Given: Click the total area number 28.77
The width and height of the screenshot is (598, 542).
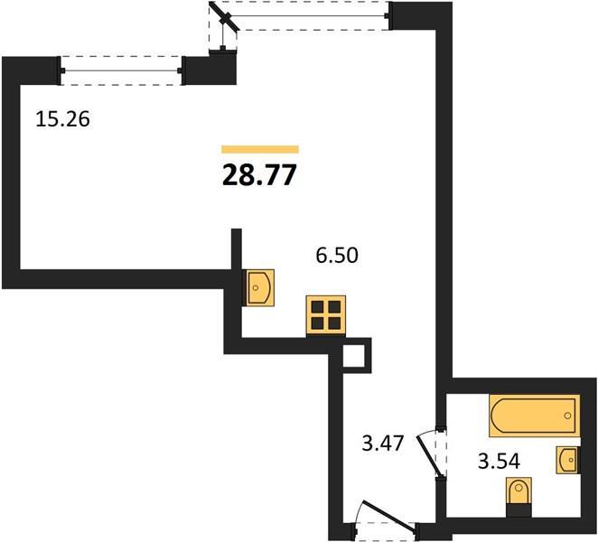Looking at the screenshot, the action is tap(259, 175).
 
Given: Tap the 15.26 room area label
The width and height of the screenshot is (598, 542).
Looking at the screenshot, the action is tap(62, 118).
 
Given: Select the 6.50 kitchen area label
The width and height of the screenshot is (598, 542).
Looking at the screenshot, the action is tap(337, 255).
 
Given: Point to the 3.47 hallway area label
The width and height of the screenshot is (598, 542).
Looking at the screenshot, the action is tap(382, 444).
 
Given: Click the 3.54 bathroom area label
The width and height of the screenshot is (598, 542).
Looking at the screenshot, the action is tap(499, 461).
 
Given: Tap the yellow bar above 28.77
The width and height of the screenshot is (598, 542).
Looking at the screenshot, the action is tap(260, 150).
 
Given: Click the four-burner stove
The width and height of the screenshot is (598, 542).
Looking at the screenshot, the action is tap(326, 316).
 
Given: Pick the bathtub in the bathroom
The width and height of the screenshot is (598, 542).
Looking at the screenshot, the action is tap(534, 416).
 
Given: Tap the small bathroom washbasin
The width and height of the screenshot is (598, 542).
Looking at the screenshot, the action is tap(567, 460).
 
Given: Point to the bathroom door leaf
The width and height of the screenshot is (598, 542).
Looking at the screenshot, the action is tap(430, 456).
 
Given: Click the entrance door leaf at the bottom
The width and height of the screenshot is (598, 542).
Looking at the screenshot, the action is tap(389, 516).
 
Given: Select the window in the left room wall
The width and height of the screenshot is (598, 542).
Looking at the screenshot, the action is tap(121, 70).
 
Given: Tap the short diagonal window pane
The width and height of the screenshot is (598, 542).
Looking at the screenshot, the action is tap(224, 16).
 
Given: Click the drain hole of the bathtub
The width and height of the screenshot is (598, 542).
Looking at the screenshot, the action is tap(568, 416).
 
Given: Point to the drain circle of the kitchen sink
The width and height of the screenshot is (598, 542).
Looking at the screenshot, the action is tap(256, 287).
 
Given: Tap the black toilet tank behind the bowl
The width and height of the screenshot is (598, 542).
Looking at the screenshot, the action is tap(519, 510).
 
